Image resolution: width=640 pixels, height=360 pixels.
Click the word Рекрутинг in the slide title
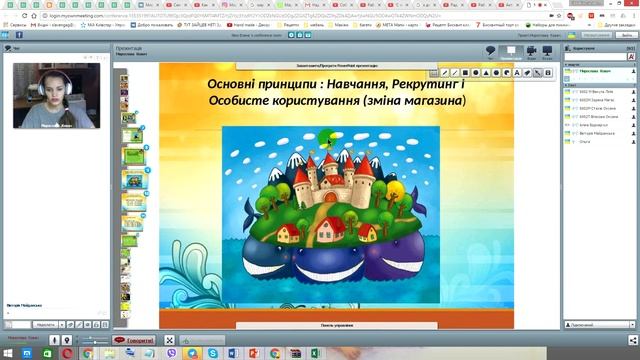[x=425, y=83]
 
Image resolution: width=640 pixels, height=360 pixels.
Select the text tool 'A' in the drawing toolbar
[x=500, y=73]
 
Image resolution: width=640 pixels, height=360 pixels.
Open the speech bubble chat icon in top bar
[x=491, y=50]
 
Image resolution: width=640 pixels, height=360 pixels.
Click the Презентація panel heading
[x=129, y=46]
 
